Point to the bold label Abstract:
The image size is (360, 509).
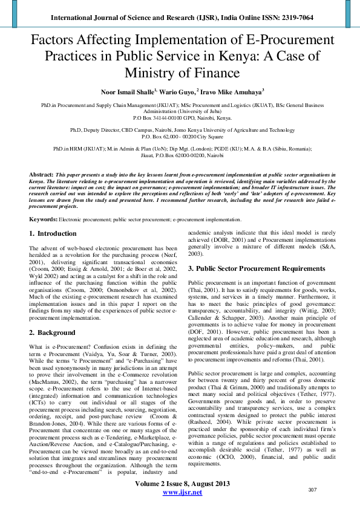click(41, 173)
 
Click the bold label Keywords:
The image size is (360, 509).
click(44, 219)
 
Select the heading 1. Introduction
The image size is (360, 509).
click(53, 233)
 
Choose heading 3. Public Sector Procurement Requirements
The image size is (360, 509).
click(257, 268)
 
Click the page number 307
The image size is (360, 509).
click(313, 489)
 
